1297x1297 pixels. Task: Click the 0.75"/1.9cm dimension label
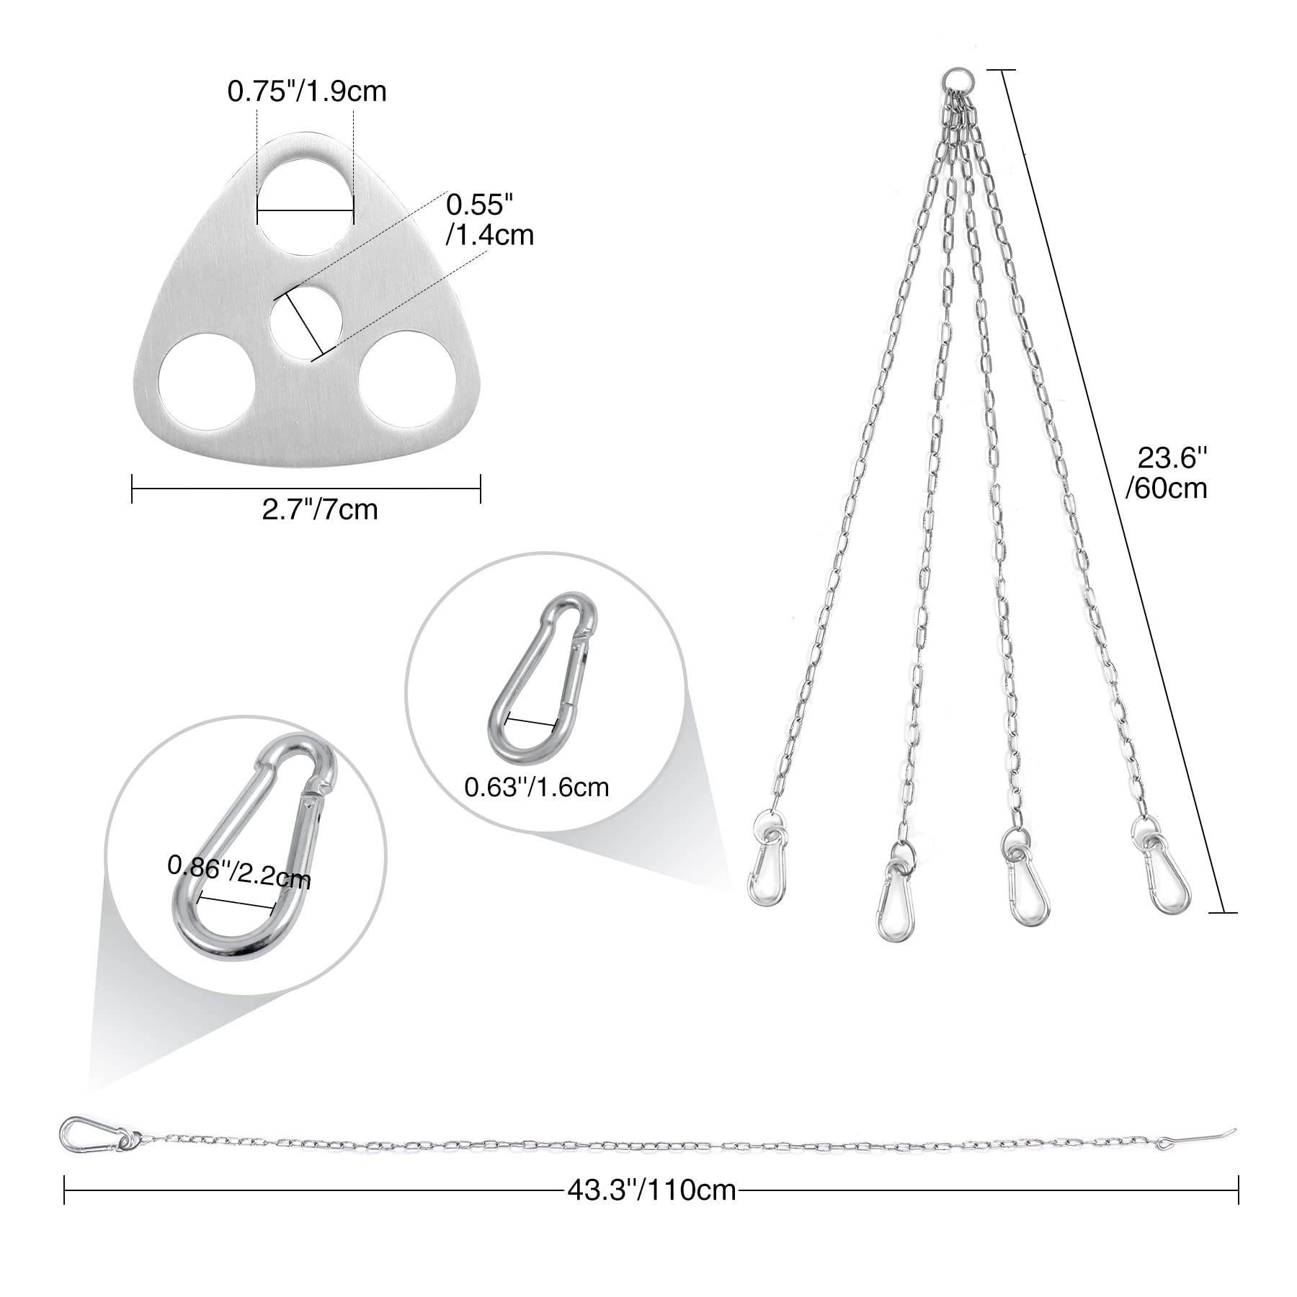(307, 92)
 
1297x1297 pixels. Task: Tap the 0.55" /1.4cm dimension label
(490, 220)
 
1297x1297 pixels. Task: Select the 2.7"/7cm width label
(319, 509)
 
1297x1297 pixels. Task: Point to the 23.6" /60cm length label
(1167, 473)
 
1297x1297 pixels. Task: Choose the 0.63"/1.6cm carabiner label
(537, 787)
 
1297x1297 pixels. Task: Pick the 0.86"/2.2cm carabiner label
(239, 871)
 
